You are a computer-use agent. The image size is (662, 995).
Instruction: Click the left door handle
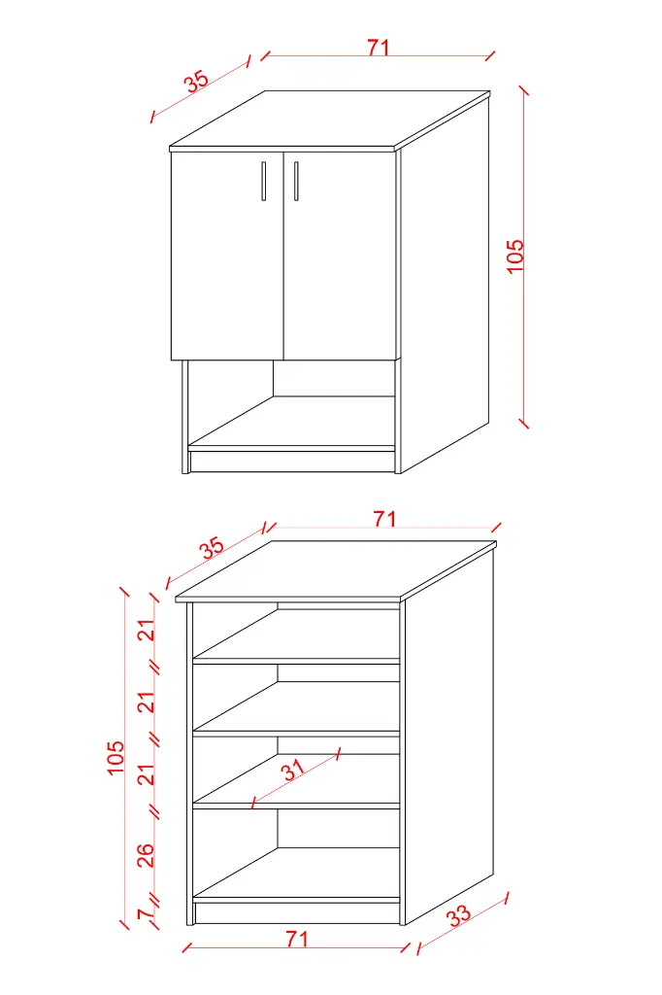(x=264, y=181)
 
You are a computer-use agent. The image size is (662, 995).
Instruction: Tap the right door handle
(x=295, y=181)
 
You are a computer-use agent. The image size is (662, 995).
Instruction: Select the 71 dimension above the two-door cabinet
(x=378, y=48)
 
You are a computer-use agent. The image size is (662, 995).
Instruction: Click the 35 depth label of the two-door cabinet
(x=197, y=82)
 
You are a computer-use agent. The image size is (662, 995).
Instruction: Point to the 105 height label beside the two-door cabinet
(x=515, y=256)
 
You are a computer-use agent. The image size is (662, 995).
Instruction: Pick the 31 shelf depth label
(x=293, y=770)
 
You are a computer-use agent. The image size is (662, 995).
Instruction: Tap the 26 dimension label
(x=146, y=855)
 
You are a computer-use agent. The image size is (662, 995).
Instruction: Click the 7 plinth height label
(x=146, y=914)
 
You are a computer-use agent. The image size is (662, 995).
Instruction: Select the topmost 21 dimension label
(x=147, y=630)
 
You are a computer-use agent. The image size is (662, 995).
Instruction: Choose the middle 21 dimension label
(x=147, y=702)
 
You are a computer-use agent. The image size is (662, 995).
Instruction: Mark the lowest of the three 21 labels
(x=147, y=774)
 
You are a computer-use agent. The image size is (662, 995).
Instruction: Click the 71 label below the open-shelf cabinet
(x=297, y=939)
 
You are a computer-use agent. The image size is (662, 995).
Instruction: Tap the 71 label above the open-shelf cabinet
(x=384, y=519)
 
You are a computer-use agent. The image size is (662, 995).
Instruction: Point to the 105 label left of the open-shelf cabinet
(x=116, y=757)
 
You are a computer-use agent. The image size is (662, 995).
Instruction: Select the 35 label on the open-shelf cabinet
(x=213, y=548)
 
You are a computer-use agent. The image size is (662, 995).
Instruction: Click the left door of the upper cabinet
(x=227, y=256)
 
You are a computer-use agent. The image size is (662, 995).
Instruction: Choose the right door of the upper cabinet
(x=340, y=256)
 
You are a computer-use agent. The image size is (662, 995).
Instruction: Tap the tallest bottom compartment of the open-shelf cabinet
(x=296, y=853)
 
